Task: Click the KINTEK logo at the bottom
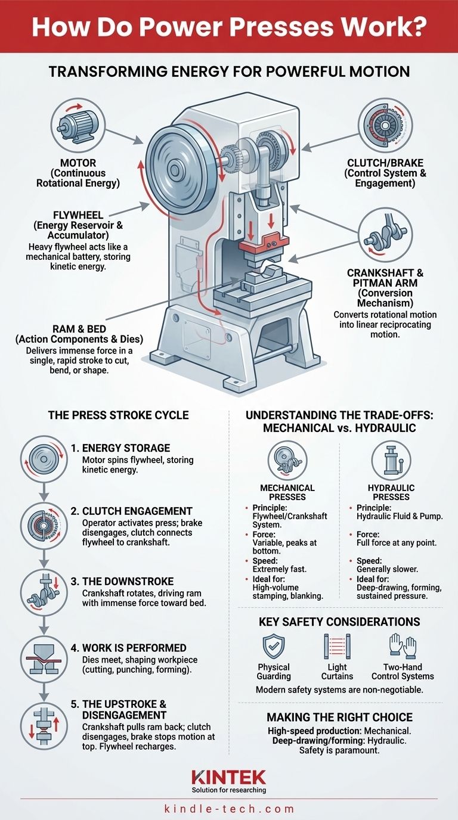click(229, 776)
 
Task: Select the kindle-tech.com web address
click(229, 809)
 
